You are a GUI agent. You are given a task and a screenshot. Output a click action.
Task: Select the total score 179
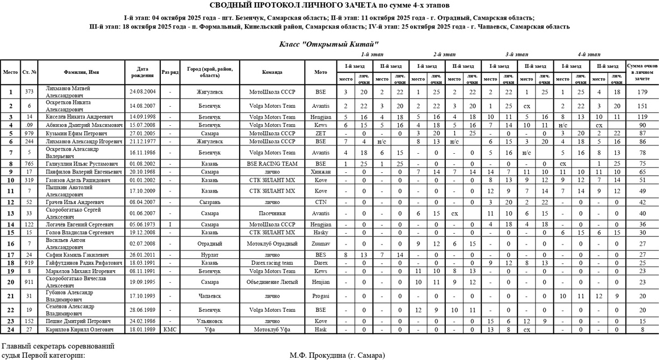642,92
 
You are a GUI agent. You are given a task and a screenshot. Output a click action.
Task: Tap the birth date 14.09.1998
143,117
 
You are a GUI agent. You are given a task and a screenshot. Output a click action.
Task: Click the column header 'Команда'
272,72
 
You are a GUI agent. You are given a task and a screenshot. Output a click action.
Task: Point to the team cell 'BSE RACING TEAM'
272,164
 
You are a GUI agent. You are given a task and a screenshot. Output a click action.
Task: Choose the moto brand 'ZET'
320,133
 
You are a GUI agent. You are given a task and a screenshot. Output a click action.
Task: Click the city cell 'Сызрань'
209,202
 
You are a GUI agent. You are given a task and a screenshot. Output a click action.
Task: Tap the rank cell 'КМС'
170,330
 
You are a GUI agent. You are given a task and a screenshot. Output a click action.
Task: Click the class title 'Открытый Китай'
329,44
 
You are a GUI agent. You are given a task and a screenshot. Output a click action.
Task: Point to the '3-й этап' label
517,55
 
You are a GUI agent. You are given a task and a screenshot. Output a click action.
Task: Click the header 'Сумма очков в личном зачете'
642,72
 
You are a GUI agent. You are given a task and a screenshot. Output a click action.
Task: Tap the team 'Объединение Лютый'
272,282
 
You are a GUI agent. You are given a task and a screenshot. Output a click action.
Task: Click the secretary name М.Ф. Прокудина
337,356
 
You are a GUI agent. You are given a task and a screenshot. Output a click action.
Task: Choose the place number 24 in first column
10,330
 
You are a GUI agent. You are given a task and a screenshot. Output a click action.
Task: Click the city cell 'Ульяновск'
209,321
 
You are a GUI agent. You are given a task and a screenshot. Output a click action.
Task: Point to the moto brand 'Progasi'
320,296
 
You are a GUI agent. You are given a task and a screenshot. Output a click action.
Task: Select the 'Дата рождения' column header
143,72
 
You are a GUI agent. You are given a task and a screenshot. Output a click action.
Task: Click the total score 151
642,106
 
